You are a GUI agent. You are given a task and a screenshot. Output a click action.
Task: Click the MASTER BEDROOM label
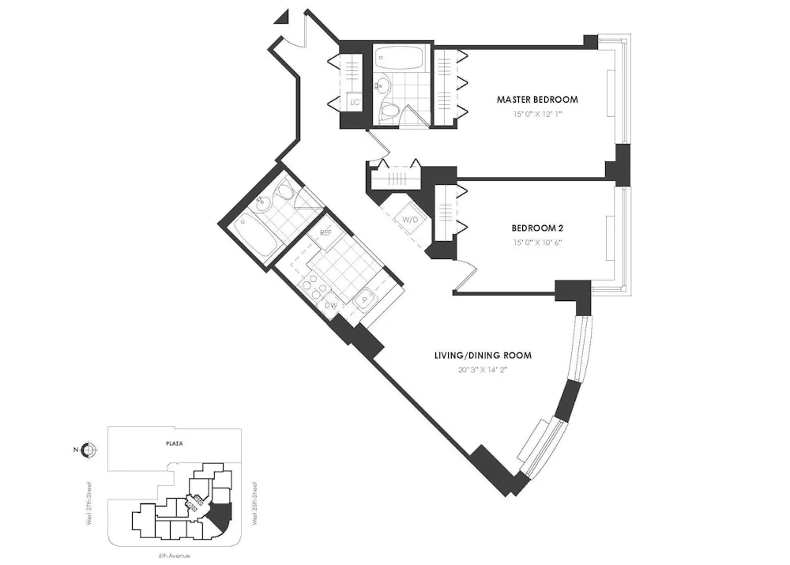point(537,100)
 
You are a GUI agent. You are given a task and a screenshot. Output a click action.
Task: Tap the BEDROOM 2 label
point(537,228)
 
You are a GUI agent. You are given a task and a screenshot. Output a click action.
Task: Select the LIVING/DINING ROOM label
point(483,356)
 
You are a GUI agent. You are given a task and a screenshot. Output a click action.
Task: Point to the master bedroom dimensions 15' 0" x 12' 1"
point(537,115)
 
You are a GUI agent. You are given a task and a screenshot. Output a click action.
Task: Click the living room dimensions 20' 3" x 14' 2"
point(483,369)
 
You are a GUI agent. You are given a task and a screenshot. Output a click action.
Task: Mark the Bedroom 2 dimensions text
point(537,243)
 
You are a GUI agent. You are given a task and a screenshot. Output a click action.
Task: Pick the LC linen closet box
point(354,103)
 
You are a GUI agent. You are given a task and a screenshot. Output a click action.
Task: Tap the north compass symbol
point(88,450)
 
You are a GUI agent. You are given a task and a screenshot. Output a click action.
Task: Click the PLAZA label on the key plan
point(175,444)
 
